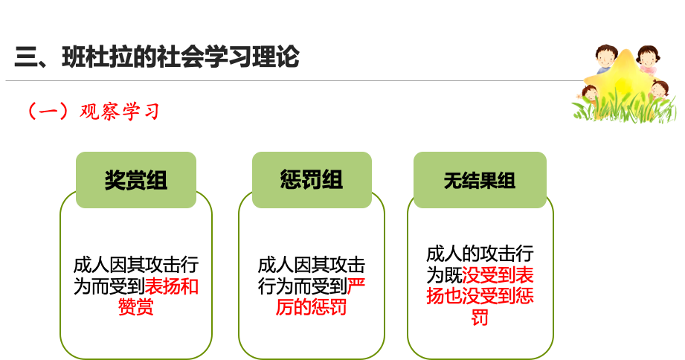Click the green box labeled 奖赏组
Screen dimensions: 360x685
click(x=135, y=180)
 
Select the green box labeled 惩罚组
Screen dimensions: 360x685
click(x=312, y=180)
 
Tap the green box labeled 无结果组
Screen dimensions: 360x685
click(x=480, y=180)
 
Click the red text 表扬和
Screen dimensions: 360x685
click(x=171, y=286)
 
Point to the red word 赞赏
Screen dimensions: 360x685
click(x=135, y=306)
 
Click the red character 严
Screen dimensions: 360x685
click(x=356, y=286)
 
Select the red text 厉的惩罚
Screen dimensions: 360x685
click(x=311, y=306)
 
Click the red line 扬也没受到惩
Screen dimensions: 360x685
click(x=480, y=296)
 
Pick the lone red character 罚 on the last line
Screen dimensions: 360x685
click(x=480, y=317)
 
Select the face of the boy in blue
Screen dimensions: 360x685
click(x=605, y=57)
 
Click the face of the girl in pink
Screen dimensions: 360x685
click(x=648, y=57)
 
